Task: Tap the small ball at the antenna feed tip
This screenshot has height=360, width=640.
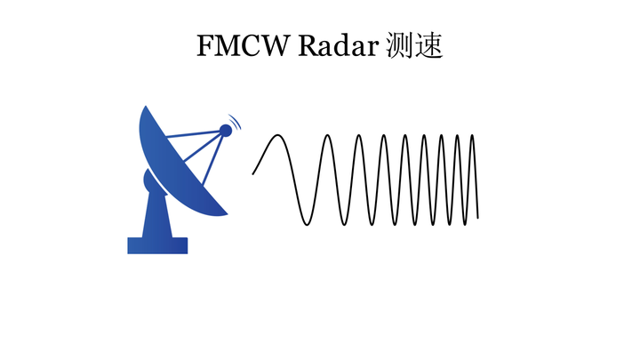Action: click(x=226, y=131)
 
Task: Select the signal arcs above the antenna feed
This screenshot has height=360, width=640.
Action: click(x=236, y=121)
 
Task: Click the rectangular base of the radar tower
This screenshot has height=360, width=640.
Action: click(x=157, y=245)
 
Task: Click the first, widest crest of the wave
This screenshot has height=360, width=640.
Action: click(x=278, y=135)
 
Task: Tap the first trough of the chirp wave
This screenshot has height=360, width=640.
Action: click(x=307, y=224)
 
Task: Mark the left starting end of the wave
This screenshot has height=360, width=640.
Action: click(x=253, y=174)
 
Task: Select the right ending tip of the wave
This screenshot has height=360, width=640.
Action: click(x=478, y=217)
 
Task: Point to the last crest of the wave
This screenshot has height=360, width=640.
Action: click(x=472, y=135)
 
